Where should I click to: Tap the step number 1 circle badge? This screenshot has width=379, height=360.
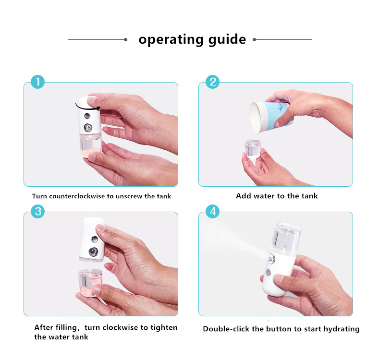(x=37, y=82)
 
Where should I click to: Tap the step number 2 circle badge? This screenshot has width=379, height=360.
(x=212, y=82)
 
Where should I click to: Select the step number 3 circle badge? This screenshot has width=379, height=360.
(x=37, y=212)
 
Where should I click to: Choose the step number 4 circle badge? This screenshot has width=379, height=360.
(x=212, y=212)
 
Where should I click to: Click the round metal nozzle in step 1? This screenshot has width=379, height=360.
(x=88, y=128)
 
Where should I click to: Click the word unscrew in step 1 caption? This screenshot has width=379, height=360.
(x=131, y=196)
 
